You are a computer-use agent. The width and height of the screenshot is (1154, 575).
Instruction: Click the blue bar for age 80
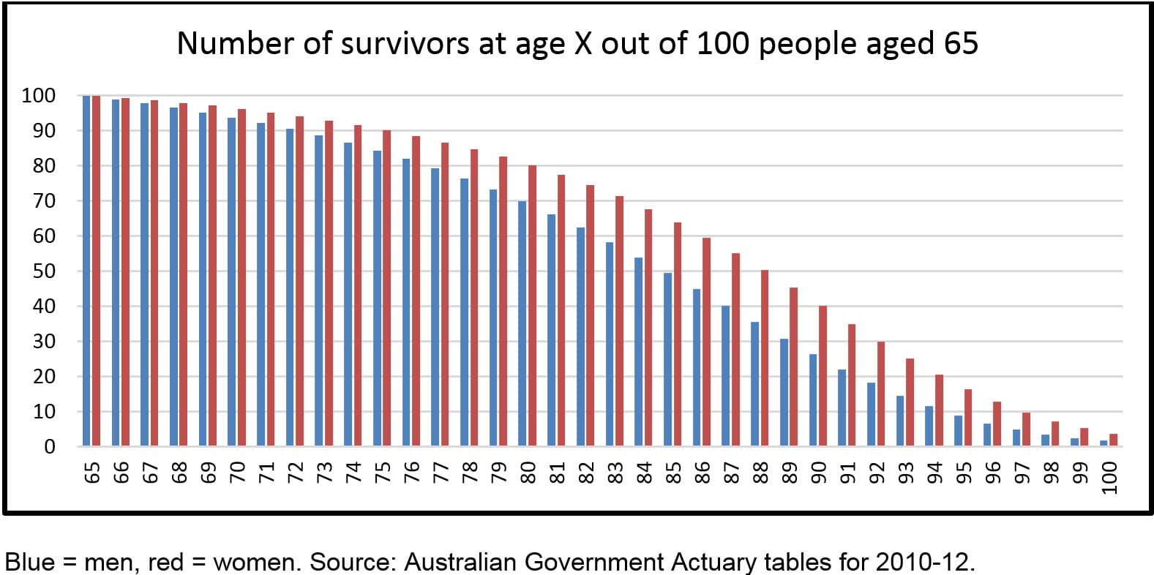tap(522, 323)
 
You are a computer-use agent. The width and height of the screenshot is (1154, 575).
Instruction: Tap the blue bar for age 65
tap(86, 271)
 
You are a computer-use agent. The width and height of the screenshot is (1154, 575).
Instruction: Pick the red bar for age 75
tap(386, 288)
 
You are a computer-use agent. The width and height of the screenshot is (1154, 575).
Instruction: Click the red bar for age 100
tap(1113, 440)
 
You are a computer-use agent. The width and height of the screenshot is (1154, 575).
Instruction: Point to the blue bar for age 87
tap(725, 376)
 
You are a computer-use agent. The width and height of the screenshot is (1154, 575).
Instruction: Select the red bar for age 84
tap(648, 328)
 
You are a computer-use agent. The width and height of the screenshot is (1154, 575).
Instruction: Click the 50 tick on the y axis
tap(45, 271)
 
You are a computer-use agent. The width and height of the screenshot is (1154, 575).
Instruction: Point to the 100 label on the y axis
tap(38, 96)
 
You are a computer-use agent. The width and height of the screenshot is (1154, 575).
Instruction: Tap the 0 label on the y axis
tap(50, 447)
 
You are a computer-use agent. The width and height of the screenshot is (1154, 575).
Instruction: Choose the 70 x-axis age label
tap(236, 473)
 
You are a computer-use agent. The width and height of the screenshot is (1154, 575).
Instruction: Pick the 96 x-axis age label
tap(992, 473)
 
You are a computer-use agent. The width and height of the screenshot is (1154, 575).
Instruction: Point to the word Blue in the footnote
tap(30, 562)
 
